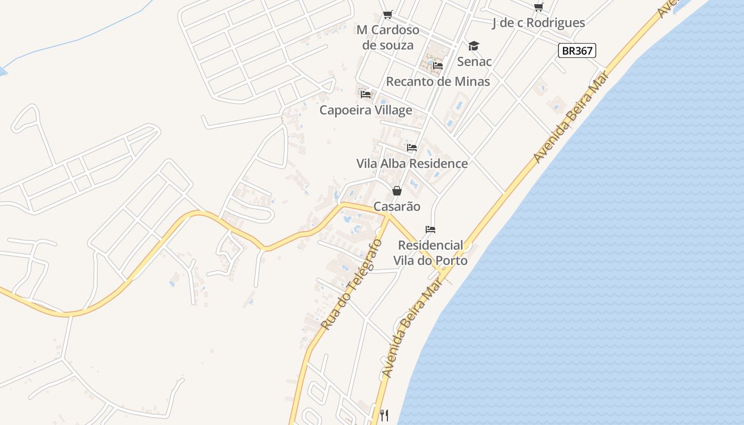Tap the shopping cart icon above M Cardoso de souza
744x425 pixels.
[387, 14]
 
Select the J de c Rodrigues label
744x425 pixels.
[538, 22]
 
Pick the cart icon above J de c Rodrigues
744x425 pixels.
[538, 7]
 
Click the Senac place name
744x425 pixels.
[474, 61]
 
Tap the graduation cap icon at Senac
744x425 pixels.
[474, 46]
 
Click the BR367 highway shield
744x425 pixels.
[577, 50]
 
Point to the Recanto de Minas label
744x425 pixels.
[438, 81]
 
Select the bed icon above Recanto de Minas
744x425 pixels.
[438, 66]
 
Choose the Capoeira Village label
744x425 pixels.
[366, 110]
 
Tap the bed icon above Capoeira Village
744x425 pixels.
[365, 95]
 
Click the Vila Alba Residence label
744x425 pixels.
[412, 163]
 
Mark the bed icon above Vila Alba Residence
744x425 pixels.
[412, 148]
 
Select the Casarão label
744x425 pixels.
[396, 206]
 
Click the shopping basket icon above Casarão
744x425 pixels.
[396, 191]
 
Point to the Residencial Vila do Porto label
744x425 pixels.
[430, 253]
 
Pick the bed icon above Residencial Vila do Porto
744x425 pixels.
[430, 229]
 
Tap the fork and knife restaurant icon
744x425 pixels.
[384, 415]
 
